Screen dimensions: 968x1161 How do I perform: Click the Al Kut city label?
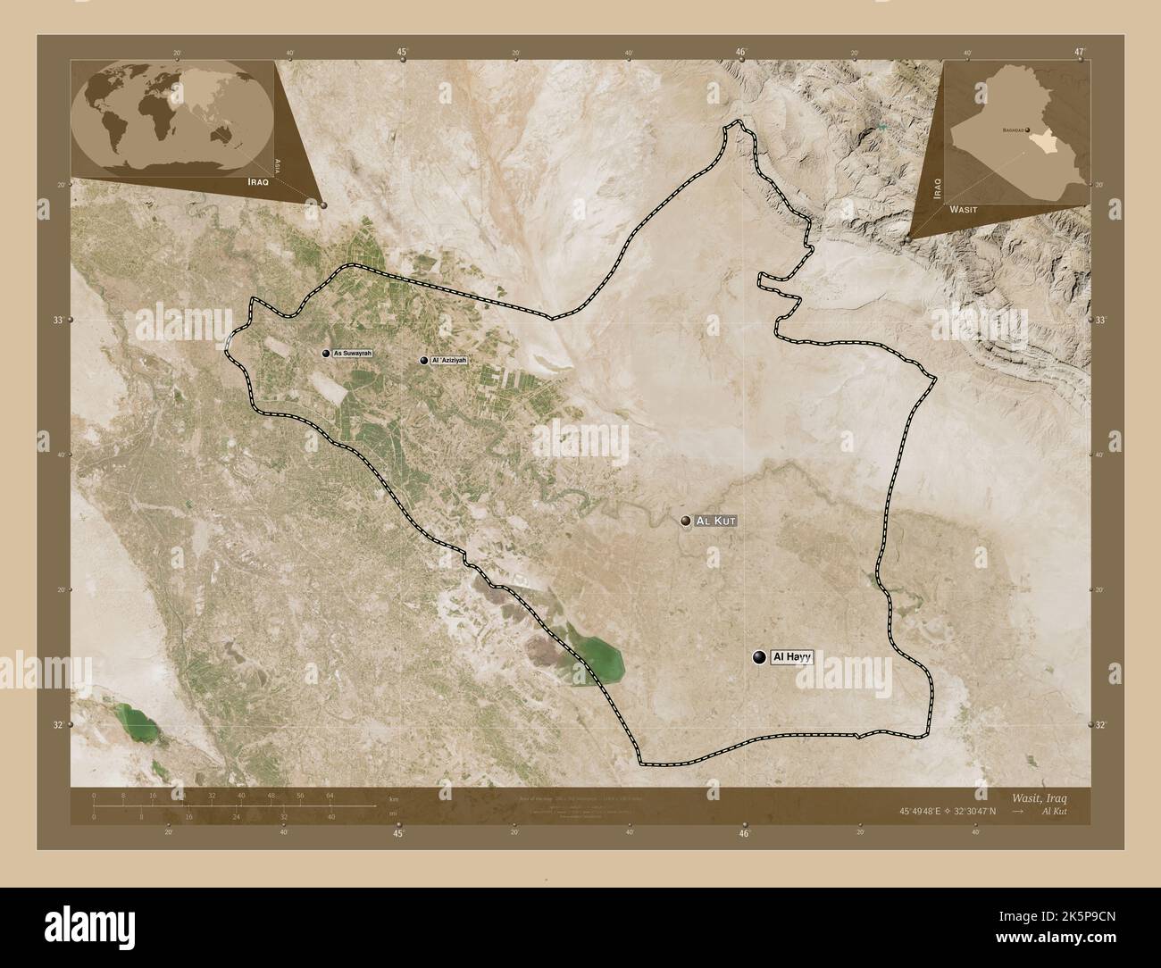[718, 520]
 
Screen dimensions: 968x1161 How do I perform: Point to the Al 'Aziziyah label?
[449, 360]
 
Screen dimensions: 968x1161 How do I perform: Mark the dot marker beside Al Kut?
[686, 520]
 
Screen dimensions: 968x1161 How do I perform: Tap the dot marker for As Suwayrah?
[326, 354]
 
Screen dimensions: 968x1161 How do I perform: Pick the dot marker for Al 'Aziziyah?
[423, 360]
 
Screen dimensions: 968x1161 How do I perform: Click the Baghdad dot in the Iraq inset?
[1027, 130]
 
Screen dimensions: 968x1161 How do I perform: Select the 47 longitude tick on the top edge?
[1080, 53]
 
